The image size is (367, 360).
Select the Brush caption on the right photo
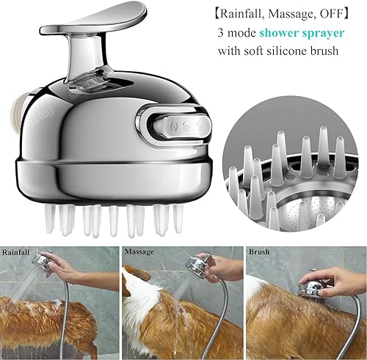(x=261, y=252)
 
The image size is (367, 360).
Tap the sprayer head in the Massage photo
(x=198, y=265)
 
